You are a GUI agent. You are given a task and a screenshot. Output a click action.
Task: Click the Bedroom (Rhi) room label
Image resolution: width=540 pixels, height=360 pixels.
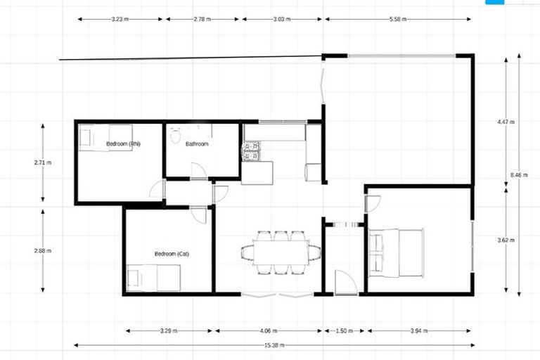click(x=124, y=144)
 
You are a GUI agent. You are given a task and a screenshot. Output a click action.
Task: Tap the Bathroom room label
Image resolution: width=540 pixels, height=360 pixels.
click(x=197, y=144)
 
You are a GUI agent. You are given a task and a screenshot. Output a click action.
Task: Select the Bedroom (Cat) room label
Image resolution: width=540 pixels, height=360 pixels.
click(x=172, y=253)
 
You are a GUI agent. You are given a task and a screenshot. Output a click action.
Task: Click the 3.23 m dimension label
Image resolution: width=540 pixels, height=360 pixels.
click(x=120, y=20)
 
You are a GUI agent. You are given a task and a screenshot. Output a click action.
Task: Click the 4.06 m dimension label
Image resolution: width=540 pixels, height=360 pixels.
click(x=268, y=330)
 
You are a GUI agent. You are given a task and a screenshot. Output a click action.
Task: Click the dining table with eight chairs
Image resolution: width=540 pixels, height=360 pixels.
click(x=281, y=252)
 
